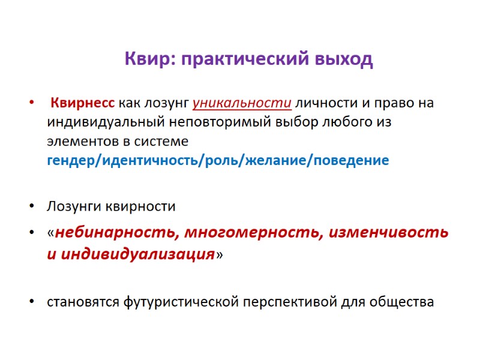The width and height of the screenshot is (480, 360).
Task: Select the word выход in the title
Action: (347, 60)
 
